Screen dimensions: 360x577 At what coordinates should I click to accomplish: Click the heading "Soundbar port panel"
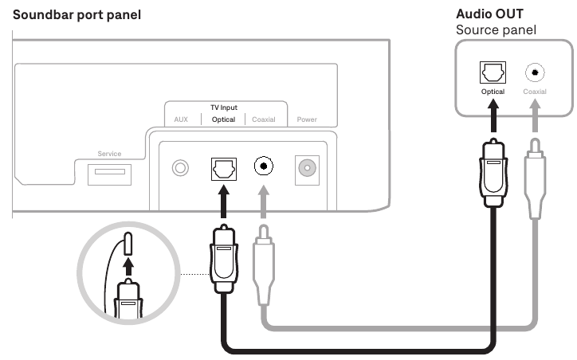(x=73, y=15)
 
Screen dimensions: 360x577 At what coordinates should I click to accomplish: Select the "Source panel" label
(x=495, y=30)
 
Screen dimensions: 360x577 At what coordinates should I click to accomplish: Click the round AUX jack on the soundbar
(x=182, y=168)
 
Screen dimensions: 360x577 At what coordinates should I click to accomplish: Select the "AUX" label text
(x=181, y=119)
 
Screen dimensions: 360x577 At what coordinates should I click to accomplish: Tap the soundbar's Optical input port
(x=222, y=168)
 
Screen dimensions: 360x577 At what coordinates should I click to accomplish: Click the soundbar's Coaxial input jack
(x=264, y=167)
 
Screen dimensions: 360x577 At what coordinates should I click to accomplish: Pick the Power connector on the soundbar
(x=305, y=167)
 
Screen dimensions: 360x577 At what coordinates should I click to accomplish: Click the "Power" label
(x=307, y=119)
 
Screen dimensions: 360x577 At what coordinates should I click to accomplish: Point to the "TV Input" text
(x=224, y=108)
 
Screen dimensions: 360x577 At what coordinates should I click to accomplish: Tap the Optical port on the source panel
(x=493, y=72)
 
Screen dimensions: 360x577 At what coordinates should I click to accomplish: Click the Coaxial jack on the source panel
(x=533, y=73)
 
